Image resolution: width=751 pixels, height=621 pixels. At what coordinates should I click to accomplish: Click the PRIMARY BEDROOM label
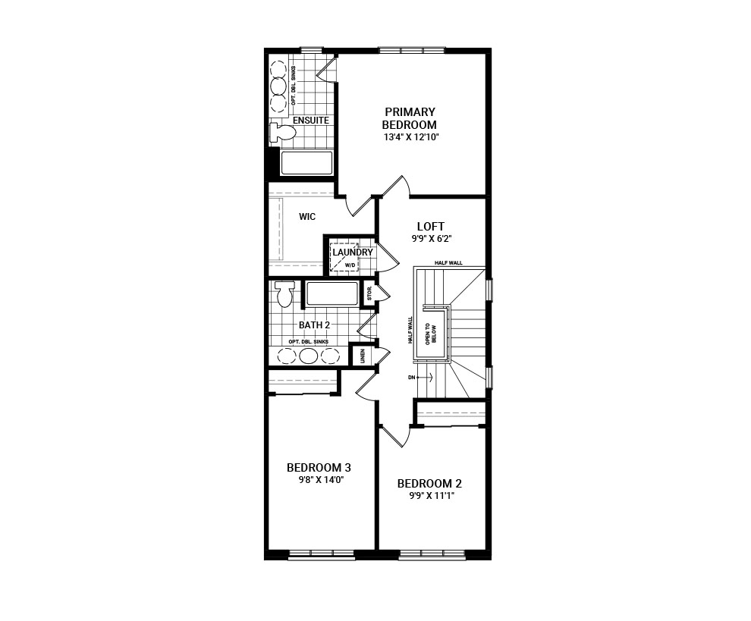(x=410, y=118)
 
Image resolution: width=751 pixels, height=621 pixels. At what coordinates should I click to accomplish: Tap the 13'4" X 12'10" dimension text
(x=411, y=137)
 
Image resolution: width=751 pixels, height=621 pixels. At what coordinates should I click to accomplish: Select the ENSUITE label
(x=311, y=121)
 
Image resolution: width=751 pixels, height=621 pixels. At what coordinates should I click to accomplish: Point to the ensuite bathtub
(x=306, y=163)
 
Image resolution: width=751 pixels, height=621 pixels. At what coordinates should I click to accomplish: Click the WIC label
(x=307, y=217)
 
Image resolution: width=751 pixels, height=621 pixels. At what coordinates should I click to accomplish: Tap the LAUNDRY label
(x=352, y=252)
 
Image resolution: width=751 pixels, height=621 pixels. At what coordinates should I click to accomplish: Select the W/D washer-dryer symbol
(x=344, y=259)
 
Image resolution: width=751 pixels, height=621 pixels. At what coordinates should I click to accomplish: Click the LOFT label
(x=430, y=226)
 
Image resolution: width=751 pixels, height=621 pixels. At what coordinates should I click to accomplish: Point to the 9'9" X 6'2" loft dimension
(x=431, y=239)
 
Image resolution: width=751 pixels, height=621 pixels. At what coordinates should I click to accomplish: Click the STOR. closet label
(x=369, y=293)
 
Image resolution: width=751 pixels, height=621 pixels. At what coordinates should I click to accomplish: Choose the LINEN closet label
(x=363, y=356)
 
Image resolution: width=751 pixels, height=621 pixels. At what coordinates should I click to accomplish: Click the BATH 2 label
(x=314, y=325)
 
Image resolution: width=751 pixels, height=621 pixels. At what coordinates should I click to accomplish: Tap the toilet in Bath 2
(x=285, y=294)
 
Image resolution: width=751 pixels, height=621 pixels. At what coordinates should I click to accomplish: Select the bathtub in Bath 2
(x=332, y=294)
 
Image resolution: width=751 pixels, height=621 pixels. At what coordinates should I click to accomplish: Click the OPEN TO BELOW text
(x=432, y=334)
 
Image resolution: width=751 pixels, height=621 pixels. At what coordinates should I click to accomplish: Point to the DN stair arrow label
(x=412, y=377)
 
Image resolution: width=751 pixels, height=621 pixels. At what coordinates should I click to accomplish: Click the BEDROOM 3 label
(x=319, y=467)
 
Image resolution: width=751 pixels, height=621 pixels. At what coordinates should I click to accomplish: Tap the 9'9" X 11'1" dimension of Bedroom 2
(x=430, y=497)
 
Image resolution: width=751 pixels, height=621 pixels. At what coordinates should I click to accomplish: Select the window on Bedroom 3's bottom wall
(x=321, y=555)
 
